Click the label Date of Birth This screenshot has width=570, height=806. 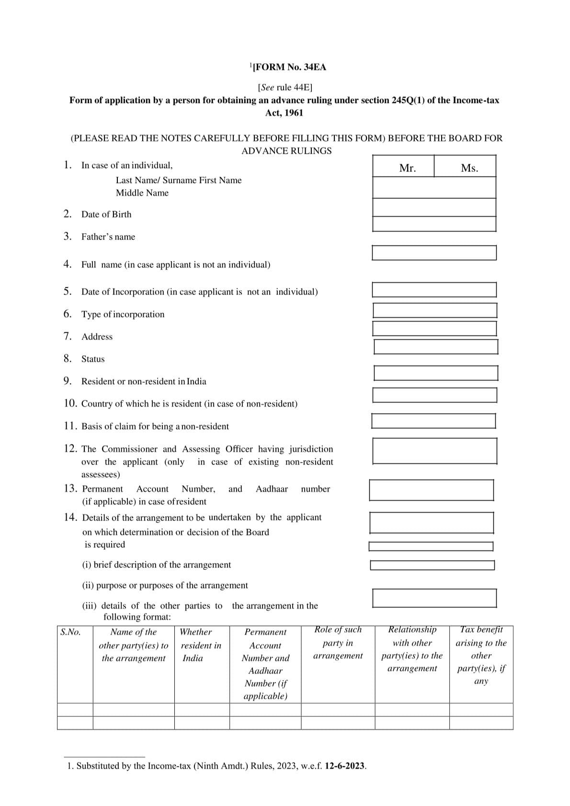106,215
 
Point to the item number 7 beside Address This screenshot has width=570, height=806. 68,336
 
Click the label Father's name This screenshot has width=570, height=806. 108,237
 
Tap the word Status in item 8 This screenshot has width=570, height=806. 92,359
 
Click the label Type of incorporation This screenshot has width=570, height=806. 123,315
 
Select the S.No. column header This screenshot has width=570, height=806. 70,632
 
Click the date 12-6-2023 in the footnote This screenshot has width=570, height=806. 345,766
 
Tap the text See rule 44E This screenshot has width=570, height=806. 285,88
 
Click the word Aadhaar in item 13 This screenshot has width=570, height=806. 272,489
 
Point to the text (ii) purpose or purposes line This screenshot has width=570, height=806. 165,585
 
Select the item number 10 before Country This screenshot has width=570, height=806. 70,403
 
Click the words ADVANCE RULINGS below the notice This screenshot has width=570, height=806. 286,151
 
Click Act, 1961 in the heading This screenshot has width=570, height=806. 284,113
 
